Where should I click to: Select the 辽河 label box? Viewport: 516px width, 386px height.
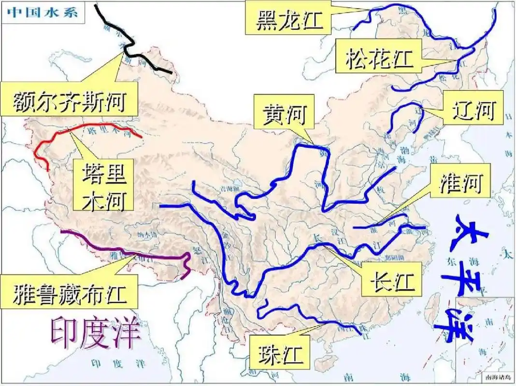[473, 110]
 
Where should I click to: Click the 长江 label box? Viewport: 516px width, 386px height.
[392, 280]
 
